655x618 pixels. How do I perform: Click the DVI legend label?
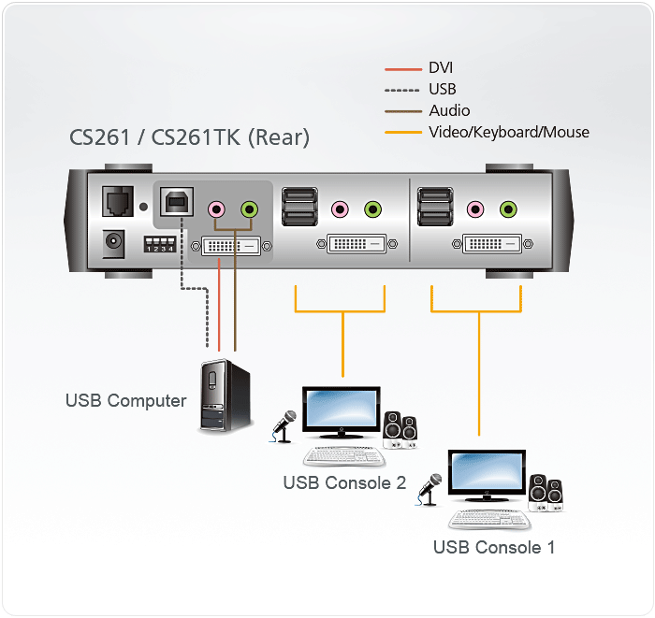point(441,68)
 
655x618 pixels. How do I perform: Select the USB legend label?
point(443,90)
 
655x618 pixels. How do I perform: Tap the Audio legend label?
point(449,111)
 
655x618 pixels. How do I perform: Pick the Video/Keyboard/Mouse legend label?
point(509,133)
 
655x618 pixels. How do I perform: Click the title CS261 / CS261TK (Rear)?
point(189,138)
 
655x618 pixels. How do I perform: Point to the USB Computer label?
point(125,401)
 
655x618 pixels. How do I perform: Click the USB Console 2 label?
point(344,483)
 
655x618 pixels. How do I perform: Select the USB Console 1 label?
point(494,547)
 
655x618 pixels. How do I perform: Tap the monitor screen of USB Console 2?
point(341,409)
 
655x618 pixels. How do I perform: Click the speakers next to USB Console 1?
point(545,493)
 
